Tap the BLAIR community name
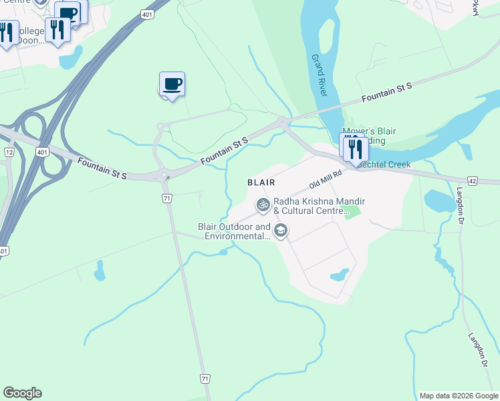pyautogui.click(x=261, y=182)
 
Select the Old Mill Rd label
pyautogui.click(x=326, y=178)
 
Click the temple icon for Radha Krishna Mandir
pyautogui.click(x=263, y=205)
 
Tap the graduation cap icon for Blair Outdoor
pyautogui.click(x=281, y=231)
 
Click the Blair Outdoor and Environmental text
pyautogui.click(x=235, y=231)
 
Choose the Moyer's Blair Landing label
pyautogui.click(x=364, y=136)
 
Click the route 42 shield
pyautogui.click(x=473, y=180)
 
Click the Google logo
pyautogui.click(x=22, y=393)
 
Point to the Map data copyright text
pyautogui.click(x=459, y=396)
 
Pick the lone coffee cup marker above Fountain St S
pyautogui.click(x=172, y=85)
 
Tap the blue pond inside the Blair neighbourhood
pyautogui.click(x=340, y=274)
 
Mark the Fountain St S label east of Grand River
pyautogui.click(x=386, y=93)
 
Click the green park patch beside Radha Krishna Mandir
pyautogui.click(x=354, y=213)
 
